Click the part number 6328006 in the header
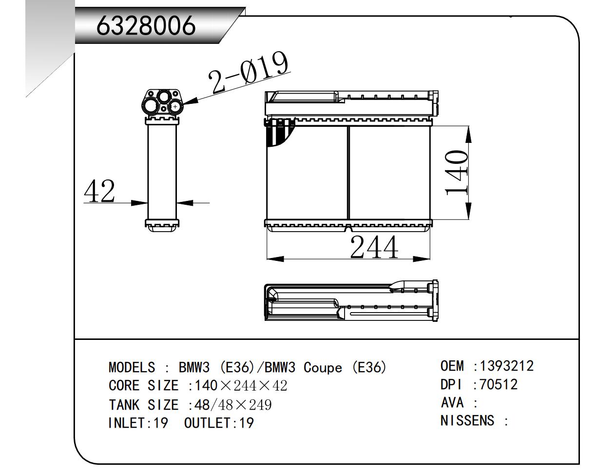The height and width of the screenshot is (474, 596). click(x=146, y=26)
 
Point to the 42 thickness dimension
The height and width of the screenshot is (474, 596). click(x=100, y=191)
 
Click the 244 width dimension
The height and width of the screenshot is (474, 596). click(x=374, y=248)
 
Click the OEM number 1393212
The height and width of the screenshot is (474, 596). click(x=507, y=366)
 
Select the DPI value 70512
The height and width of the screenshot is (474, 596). click(x=499, y=384)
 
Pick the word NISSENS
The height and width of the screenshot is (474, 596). click(x=467, y=420)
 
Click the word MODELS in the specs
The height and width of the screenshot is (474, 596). click(x=132, y=367)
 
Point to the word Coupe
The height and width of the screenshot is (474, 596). click(x=323, y=367)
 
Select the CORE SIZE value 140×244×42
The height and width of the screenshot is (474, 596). click(x=241, y=386)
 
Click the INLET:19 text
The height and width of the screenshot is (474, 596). click(x=138, y=423)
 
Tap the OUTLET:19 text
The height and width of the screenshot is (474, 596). click(x=219, y=423)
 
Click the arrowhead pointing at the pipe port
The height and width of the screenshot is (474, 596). click(x=190, y=101)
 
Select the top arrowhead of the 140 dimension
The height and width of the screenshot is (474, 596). click(x=468, y=135)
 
